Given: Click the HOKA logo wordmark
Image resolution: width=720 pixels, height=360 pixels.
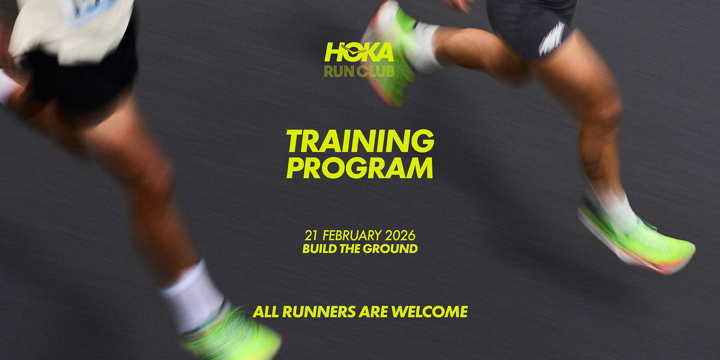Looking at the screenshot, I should pos(359,52).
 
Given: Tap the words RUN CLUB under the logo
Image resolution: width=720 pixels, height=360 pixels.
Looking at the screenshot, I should pos(359,71).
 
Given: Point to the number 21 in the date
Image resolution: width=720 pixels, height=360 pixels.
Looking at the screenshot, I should pos(311,235).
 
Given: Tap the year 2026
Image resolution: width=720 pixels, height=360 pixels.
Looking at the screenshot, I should pos(400,235).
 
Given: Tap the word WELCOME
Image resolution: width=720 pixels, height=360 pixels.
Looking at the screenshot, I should pos(429,312).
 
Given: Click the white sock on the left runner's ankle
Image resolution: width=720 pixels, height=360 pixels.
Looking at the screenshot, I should pos(193,296).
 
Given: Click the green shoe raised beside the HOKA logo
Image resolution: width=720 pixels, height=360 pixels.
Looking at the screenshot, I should pos(390,56).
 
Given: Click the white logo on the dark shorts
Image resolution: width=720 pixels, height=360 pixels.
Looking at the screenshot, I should pos(551,39).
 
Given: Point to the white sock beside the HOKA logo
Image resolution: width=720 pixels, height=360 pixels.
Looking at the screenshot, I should pos(427,47).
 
